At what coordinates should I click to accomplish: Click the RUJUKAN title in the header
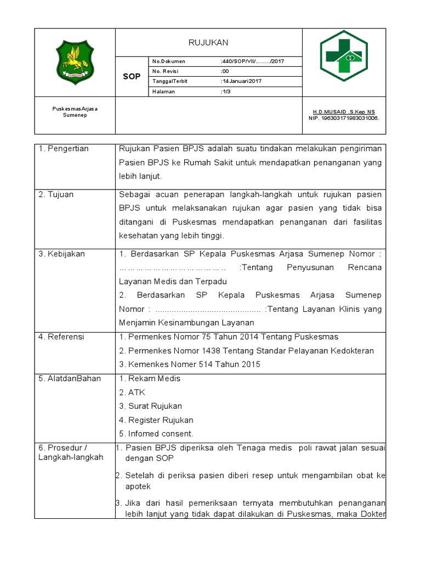point(208,42)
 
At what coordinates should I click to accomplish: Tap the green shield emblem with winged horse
point(75,62)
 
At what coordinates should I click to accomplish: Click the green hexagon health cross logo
point(344,56)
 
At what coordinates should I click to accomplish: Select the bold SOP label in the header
point(132,76)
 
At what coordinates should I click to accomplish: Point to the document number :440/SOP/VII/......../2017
point(252,61)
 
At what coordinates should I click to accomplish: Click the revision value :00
point(224,71)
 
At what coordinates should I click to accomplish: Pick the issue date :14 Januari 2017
point(241,81)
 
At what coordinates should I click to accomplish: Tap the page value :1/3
point(225,91)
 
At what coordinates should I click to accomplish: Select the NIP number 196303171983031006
point(344,118)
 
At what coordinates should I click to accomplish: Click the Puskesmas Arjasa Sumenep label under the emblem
point(75,112)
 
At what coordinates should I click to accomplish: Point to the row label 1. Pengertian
point(64,149)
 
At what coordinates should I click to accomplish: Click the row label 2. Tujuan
point(56,194)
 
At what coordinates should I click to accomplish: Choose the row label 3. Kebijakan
point(62,254)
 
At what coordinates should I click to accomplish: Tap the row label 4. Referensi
point(61,336)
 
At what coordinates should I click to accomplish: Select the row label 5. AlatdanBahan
point(70,379)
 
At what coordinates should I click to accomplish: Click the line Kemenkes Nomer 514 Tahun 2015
point(190,364)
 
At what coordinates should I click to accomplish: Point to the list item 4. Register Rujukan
point(156,420)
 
